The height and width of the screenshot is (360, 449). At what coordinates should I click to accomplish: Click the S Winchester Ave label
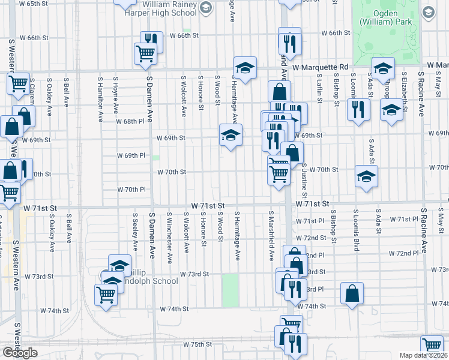point(170,230)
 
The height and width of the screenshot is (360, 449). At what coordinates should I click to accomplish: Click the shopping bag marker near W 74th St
point(352,293)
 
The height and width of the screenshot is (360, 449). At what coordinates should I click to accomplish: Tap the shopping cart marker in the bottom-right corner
point(432,345)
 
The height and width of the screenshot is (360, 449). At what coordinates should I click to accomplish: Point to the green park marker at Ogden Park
point(428,11)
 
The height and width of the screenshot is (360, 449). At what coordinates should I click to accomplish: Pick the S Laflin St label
point(320,87)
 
